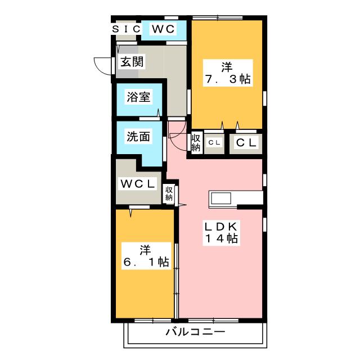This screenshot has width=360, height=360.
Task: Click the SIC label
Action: click(x=125, y=29)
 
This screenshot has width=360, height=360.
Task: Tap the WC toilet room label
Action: click(x=163, y=29)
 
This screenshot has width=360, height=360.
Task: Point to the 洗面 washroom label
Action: click(x=138, y=136)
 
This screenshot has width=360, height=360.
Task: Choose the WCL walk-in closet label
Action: click(x=137, y=184)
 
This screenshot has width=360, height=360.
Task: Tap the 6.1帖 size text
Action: click(x=146, y=262)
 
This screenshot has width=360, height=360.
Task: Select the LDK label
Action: click(x=221, y=226)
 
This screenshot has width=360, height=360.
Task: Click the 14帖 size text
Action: click(x=221, y=238)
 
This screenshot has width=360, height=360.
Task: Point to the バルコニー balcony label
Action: click(x=195, y=332)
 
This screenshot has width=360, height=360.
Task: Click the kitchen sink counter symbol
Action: click(x=220, y=198)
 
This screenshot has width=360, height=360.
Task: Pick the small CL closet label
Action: click(x=214, y=143)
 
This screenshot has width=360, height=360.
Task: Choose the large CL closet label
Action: click(x=245, y=143)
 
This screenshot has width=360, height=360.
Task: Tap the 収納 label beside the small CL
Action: click(x=196, y=143)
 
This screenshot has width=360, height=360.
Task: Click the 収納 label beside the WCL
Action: click(x=169, y=194)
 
